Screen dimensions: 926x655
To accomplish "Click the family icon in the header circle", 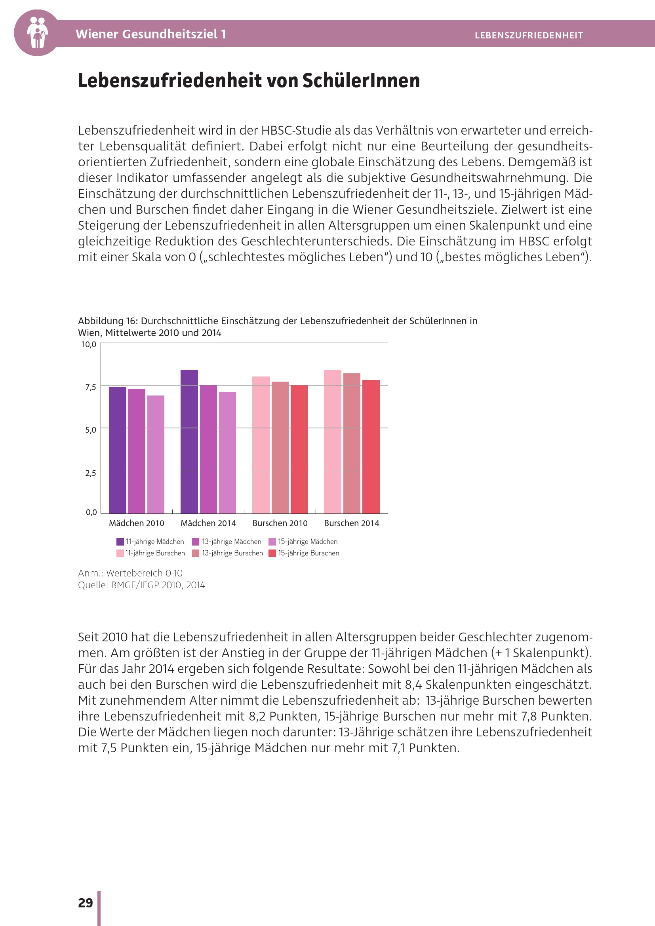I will click(x=37, y=33).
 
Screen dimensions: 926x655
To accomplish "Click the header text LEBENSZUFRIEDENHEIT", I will click(x=528, y=36).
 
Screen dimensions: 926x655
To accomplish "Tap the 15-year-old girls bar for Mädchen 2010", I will click(x=156, y=454).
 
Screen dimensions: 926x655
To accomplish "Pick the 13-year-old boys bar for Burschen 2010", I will click(x=280, y=447).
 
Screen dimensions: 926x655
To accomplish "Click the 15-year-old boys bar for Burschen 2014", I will click(x=371, y=447).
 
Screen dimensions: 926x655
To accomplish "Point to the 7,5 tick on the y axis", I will click(x=90, y=387).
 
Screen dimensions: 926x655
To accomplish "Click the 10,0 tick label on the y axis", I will click(x=89, y=344).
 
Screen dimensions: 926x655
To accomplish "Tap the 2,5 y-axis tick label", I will click(x=90, y=473).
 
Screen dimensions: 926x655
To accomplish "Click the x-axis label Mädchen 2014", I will click(x=208, y=523).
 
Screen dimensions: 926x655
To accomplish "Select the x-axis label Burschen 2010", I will click(x=280, y=523).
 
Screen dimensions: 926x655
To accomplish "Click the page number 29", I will click(x=86, y=903).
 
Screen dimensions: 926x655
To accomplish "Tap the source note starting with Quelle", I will click(x=141, y=585).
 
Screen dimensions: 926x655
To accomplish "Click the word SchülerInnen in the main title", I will click(x=361, y=80).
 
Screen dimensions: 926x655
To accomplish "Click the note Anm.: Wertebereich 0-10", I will click(x=130, y=573).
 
